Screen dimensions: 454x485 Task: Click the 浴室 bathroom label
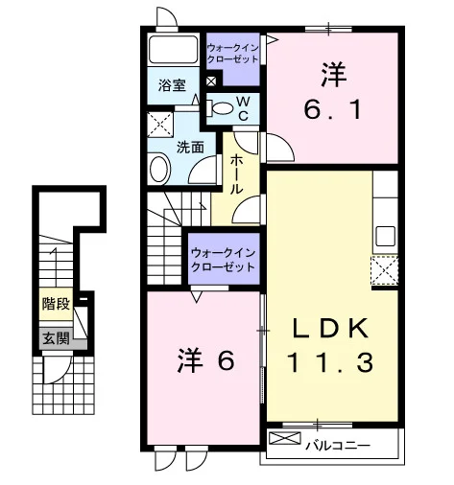click(172, 85)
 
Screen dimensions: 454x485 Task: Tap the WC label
click(243, 108)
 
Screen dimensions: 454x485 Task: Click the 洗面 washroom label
click(190, 148)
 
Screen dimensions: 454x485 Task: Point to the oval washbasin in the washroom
click(159, 169)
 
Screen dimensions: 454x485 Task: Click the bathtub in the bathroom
click(173, 50)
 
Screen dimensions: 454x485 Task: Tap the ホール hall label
click(237, 173)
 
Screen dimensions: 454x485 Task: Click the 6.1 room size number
click(333, 109)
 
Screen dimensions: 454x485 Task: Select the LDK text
click(330, 329)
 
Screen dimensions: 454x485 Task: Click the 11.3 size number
click(330, 362)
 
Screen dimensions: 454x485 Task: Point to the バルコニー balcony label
click(338, 445)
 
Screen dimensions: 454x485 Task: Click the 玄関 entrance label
click(57, 338)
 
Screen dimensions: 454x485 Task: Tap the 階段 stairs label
click(56, 304)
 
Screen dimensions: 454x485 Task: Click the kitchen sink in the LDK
click(385, 236)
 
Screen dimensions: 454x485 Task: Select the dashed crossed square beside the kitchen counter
click(384, 270)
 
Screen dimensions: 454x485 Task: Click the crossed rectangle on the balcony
click(285, 438)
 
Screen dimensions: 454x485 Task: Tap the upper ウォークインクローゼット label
click(232, 54)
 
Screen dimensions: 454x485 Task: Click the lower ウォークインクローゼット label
click(223, 260)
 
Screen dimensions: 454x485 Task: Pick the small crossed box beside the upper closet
click(211, 81)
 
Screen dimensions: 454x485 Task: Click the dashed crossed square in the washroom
click(160, 125)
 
